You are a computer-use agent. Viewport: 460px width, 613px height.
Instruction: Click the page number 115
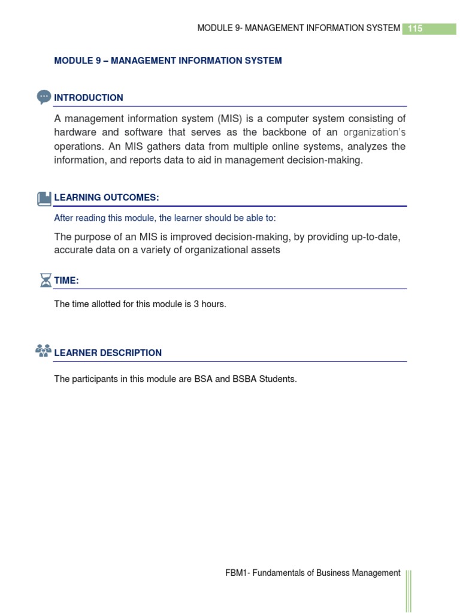(x=415, y=28)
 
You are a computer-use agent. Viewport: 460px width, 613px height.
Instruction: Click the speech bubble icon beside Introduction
(x=44, y=97)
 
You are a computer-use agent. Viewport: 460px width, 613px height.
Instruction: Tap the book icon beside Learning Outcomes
(x=44, y=198)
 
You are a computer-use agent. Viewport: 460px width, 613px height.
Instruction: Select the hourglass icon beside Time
(x=46, y=280)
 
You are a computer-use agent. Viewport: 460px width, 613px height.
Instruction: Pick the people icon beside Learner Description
(x=44, y=351)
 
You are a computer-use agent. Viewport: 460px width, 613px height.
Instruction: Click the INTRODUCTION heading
(x=89, y=98)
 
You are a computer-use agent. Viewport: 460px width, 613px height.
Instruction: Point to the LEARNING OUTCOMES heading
(x=107, y=198)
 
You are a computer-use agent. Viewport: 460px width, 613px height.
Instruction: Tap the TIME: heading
(x=66, y=281)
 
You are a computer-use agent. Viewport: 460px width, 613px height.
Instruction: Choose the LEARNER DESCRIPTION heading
(x=108, y=353)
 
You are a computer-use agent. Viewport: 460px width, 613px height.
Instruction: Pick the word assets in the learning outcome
(x=266, y=250)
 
